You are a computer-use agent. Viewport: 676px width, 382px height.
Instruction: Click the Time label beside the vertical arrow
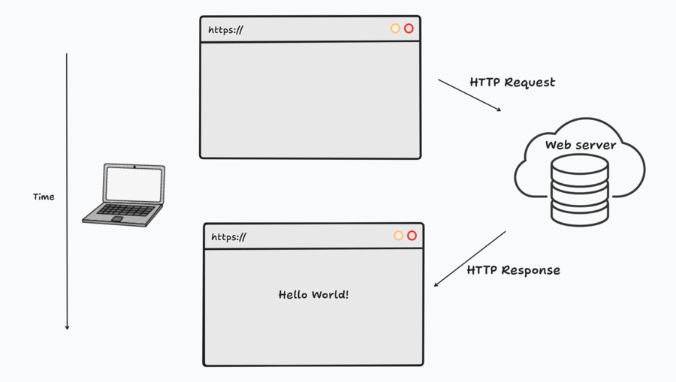(44, 197)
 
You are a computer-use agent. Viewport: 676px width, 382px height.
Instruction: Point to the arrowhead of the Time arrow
(67, 326)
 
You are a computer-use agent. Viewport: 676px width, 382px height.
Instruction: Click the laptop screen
(134, 184)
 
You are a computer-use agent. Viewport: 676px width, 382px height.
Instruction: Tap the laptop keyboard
(125, 210)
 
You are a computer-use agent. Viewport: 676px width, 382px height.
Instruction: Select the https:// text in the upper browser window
(225, 30)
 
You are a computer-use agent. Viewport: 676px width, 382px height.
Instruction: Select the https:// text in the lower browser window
(228, 237)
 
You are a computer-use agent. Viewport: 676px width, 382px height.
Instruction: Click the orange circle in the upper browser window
(395, 29)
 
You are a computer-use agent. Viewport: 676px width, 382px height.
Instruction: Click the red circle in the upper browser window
(409, 29)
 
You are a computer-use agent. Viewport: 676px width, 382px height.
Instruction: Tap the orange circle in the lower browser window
(398, 236)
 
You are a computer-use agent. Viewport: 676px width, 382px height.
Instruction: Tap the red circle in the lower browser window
(412, 236)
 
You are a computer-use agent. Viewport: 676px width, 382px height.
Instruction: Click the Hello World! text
(313, 295)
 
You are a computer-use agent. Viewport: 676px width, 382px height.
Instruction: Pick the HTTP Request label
(512, 83)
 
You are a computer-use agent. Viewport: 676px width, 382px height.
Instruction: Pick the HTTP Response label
(513, 270)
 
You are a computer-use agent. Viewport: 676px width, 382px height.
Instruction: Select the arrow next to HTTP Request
(469, 95)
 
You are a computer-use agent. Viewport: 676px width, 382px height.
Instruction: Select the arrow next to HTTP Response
(469, 259)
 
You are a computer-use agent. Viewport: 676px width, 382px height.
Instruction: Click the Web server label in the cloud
(580, 145)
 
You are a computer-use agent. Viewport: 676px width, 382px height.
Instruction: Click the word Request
(530, 83)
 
